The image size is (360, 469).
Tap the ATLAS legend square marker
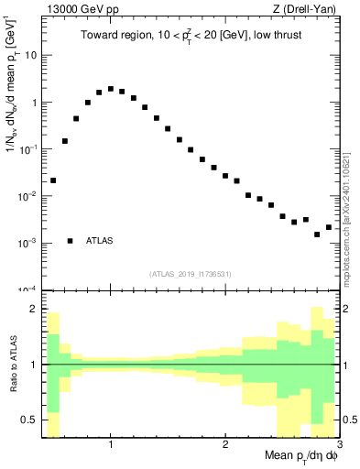[x=71, y=241]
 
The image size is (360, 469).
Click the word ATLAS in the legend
[x=100, y=241]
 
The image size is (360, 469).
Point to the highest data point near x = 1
[x=111, y=89]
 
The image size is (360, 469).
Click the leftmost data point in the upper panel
[x=53, y=180]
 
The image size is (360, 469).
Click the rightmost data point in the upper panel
[x=329, y=227]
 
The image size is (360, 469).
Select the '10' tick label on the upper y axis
[x=28, y=55]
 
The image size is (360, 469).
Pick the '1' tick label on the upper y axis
[x=32, y=103]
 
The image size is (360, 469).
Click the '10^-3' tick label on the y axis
[x=26, y=243]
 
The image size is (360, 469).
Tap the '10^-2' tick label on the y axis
[x=26, y=196]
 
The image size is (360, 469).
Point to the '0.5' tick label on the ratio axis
[x=28, y=420]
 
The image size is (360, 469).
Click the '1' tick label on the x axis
[x=111, y=445]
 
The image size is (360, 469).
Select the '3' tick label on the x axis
[x=338, y=445]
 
